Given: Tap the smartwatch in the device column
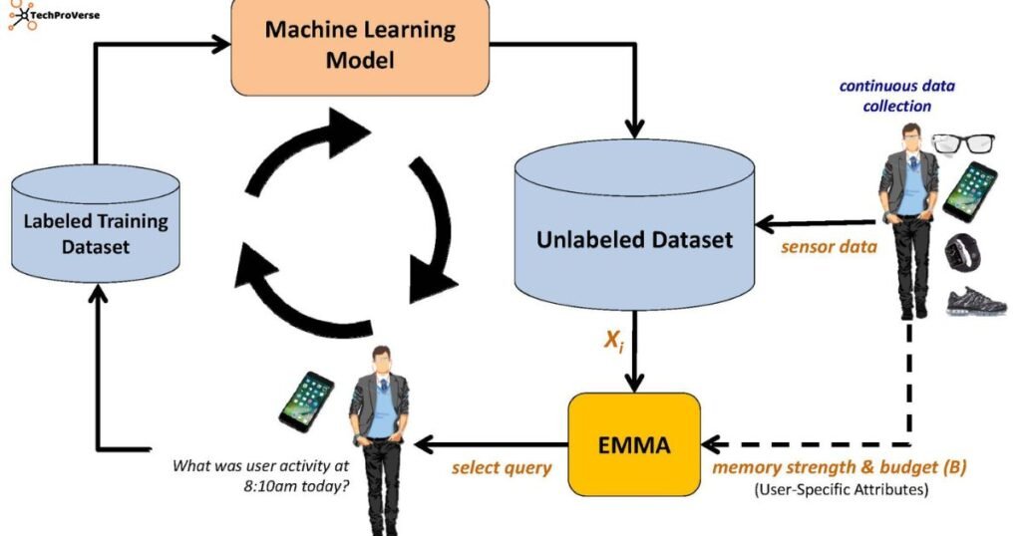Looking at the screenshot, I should pyautogui.click(x=963, y=251).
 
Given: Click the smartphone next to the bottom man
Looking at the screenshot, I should pyautogui.click(x=307, y=402).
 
